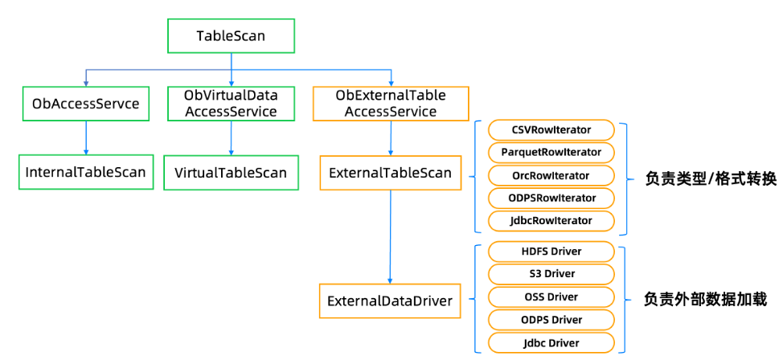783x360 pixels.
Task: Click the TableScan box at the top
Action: (231, 36)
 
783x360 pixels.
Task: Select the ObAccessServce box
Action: (86, 104)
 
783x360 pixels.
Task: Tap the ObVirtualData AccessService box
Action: (231, 104)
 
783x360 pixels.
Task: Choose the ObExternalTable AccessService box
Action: (391, 104)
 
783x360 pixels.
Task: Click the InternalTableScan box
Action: (85, 172)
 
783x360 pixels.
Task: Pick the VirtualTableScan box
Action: (231, 172)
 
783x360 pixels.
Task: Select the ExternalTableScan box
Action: (391, 173)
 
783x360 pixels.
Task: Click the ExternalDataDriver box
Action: (390, 301)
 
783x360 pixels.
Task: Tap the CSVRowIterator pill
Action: (551, 130)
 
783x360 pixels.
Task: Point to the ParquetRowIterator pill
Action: (551, 153)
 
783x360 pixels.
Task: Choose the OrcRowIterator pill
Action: (551, 175)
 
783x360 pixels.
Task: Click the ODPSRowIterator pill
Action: (551, 198)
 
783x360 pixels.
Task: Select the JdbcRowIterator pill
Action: (551, 221)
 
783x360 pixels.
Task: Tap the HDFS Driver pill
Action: (551, 252)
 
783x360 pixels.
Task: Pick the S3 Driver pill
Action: (551, 274)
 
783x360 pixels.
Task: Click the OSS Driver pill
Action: (551, 297)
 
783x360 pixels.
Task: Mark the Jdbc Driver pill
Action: (551, 342)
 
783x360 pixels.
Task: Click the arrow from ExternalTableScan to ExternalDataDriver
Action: (390, 237)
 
